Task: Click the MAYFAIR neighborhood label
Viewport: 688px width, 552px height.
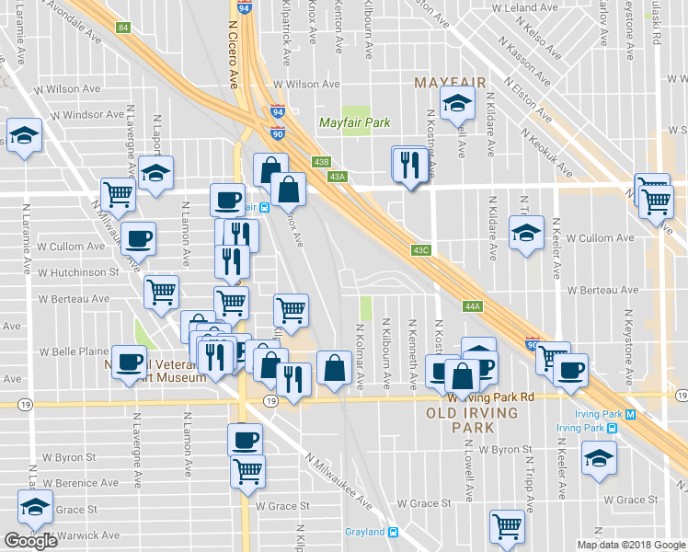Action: coord(450,83)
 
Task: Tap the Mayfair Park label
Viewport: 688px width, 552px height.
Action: coord(354,122)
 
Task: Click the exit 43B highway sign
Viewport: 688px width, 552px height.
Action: coord(321,162)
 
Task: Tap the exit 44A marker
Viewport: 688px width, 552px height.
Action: coord(473,306)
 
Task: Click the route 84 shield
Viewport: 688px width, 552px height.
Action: coord(123,28)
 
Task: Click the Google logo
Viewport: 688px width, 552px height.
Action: coord(30,541)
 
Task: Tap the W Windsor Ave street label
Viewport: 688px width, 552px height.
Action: coord(87,115)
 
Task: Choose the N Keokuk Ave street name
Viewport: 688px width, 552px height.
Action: coord(546,152)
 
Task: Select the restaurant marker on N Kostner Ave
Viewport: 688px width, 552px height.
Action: coord(409,165)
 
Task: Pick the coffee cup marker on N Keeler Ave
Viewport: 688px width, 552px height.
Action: coord(570,369)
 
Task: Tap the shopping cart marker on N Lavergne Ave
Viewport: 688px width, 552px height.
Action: coord(119,193)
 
